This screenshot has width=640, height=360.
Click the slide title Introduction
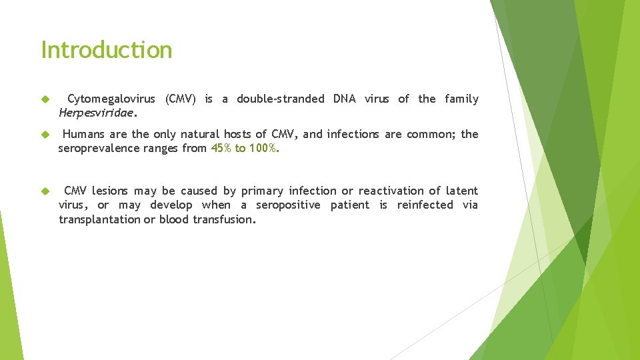[x=107, y=50]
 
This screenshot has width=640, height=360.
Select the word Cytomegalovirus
[x=111, y=99]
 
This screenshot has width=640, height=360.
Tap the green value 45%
[x=221, y=149]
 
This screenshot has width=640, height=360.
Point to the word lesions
[x=109, y=191]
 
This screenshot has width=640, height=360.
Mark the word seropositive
[x=288, y=205]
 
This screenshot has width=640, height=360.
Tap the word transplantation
[x=99, y=219]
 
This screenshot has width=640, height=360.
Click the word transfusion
[x=224, y=219]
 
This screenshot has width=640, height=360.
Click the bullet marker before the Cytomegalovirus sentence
[x=45, y=99]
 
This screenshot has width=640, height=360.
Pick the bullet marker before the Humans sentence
[x=45, y=135]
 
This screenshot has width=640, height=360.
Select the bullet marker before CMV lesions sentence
[x=45, y=191]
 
